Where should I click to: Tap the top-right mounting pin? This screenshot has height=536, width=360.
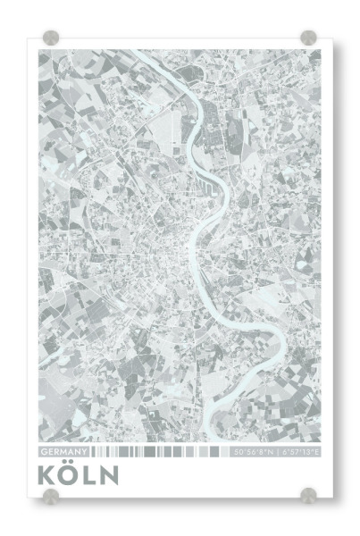309,38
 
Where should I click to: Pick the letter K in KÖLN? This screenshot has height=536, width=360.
48,475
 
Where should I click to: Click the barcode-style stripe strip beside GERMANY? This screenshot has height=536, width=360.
161,453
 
